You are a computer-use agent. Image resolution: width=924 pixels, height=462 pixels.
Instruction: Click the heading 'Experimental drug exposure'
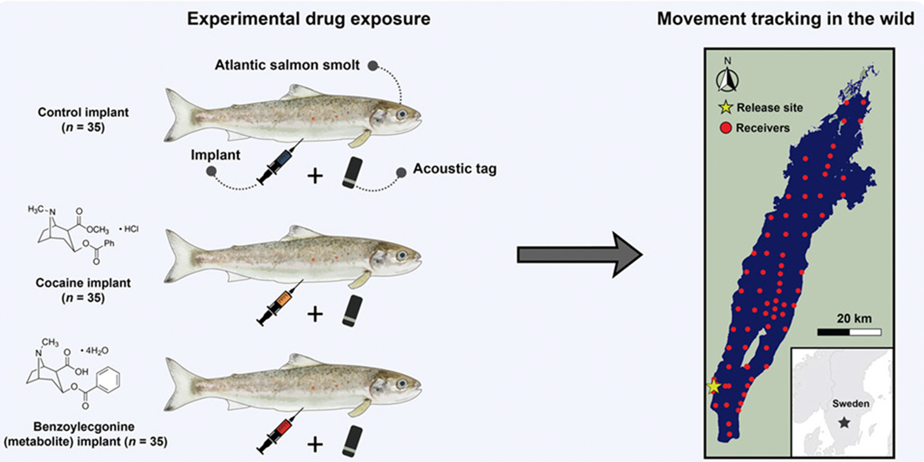[x=309, y=19]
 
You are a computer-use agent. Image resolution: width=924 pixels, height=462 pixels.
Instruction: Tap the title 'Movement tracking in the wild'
[x=785, y=19]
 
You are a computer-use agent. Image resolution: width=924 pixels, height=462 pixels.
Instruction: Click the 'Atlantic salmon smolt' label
[x=287, y=65]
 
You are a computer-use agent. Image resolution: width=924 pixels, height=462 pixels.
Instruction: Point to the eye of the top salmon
[x=402, y=114]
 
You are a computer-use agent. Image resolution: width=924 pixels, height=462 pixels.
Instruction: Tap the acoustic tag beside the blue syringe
[x=352, y=173]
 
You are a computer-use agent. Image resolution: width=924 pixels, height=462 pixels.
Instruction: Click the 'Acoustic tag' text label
[x=455, y=169]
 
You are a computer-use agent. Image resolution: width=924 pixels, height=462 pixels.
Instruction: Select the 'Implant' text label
[x=215, y=155]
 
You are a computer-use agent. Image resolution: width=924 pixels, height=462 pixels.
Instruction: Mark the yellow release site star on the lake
[x=714, y=386]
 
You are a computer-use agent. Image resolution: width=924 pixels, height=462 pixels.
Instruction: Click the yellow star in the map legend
[x=726, y=108]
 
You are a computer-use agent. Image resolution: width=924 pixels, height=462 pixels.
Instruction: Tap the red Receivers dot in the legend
[x=726, y=128]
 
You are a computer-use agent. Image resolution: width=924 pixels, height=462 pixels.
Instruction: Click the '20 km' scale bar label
[x=854, y=318]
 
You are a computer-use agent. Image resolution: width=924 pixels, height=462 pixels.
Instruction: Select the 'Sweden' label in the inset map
[x=851, y=403]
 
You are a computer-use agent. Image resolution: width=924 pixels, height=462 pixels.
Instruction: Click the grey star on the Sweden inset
[x=844, y=422]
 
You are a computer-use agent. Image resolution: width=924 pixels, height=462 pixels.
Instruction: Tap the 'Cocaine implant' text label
[x=83, y=283]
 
